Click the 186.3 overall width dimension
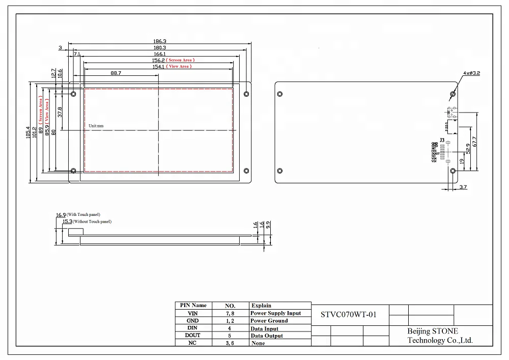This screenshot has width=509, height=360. pyautogui.click(x=160, y=41)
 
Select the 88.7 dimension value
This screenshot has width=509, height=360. pyautogui.click(x=116, y=73)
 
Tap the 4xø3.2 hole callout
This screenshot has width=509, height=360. pyautogui.click(x=471, y=73)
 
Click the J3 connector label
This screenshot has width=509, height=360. pyautogui.click(x=442, y=140)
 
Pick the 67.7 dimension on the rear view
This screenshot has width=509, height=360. pyautogui.click(x=474, y=142)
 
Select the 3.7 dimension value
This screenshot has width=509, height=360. pyautogui.click(x=463, y=187)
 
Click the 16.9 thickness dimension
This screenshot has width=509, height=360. pyautogui.click(x=61, y=215)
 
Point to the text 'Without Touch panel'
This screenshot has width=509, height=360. pyautogui.click(x=92, y=222)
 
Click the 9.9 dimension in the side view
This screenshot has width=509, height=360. pyautogui.click(x=268, y=225)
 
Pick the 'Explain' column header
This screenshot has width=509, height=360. pyautogui.click(x=261, y=306)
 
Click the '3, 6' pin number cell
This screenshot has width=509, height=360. pyautogui.click(x=230, y=343)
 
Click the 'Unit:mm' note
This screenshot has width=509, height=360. pyautogui.click(x=96, y=125)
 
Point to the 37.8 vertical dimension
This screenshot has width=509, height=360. pyautogui.click(x=61, y=112)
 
